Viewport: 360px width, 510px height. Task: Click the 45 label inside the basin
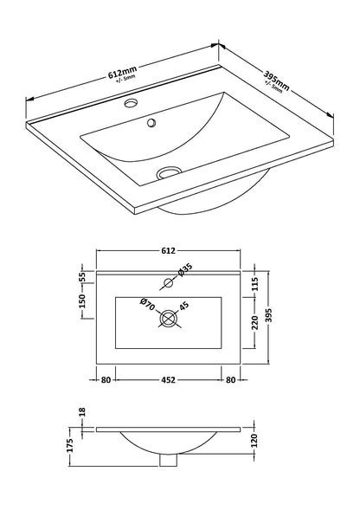coord(184,305)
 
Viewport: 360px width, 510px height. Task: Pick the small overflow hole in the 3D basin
coord(152,125)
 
